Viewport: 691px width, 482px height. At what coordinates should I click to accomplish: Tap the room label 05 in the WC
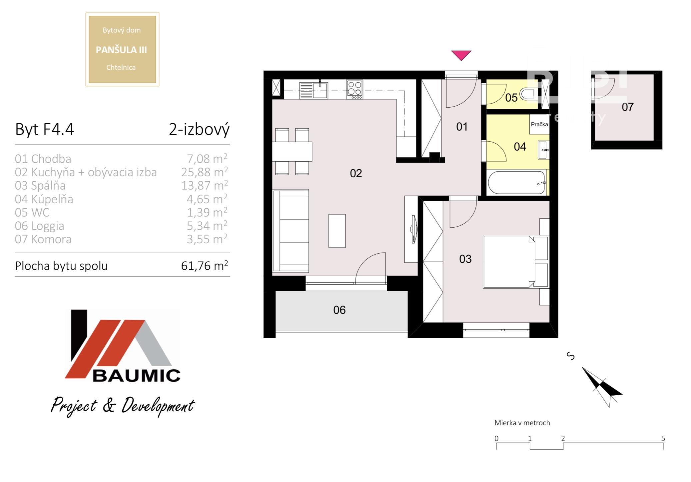pos(511,98)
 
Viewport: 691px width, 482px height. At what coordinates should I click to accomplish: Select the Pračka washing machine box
pos(539,124)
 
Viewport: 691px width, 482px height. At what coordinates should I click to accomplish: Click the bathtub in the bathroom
pos(517,182)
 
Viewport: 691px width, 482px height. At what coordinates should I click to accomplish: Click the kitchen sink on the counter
pos(314,90)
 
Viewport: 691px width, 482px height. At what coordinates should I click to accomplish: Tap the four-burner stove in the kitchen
pos(354,89)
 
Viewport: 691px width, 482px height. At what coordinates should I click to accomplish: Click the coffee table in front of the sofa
pos(337,231)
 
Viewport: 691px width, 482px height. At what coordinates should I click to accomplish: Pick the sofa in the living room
pos(291,231)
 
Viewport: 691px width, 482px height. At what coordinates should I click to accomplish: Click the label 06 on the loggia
pos(339,310)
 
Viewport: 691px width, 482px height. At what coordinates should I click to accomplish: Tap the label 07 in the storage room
pos(627,107)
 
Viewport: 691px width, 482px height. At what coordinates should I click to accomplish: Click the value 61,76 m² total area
pos(205,265)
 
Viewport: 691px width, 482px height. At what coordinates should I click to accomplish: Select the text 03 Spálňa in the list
pos(40,185)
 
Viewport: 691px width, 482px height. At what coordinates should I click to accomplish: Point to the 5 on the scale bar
pos(663,438)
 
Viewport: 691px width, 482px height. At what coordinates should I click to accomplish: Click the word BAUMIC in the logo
pos(136,376)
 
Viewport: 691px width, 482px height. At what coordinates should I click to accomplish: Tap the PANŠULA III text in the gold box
pos(121,50)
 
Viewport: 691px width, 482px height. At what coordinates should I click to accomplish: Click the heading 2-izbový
pos(199,129)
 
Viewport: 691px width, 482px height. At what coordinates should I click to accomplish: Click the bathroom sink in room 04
pos(543,150)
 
